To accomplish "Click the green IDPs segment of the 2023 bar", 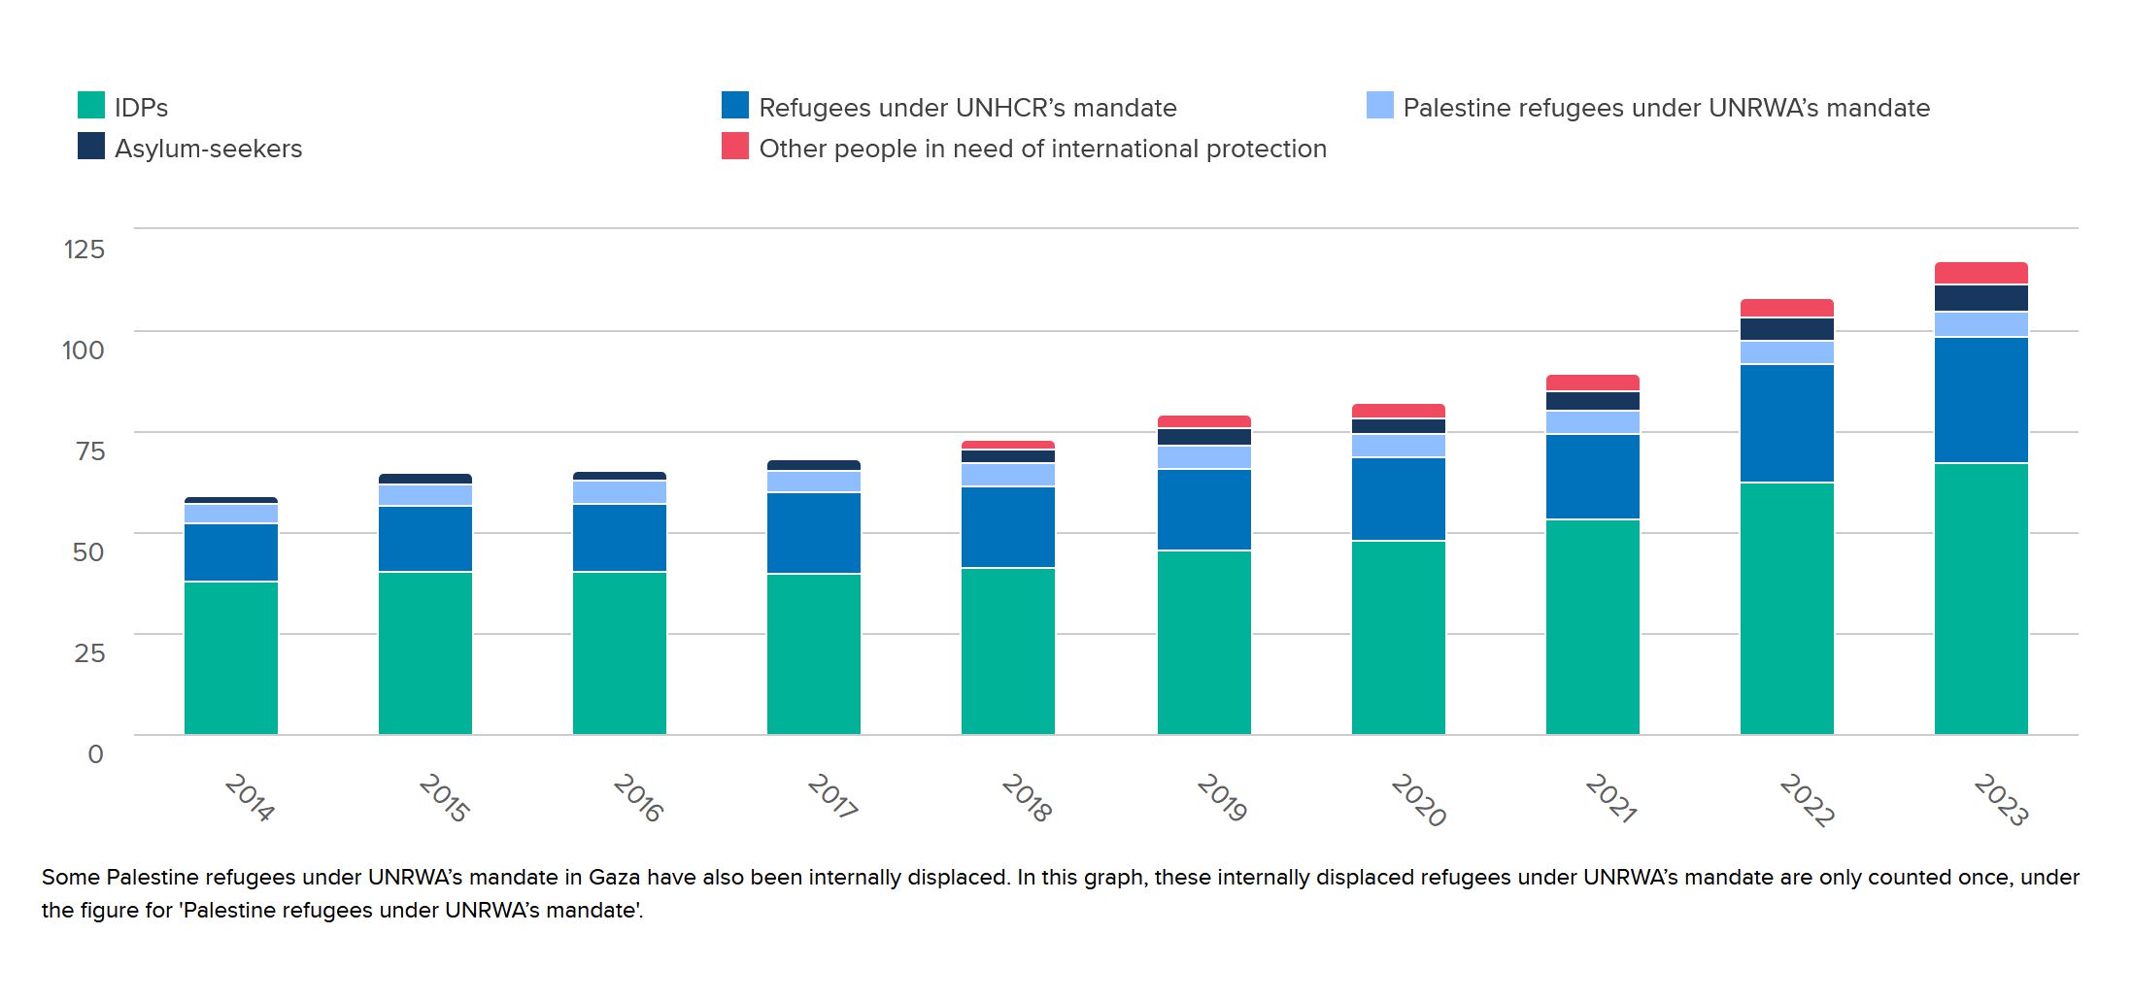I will pos(1981,598).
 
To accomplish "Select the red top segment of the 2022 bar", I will pos(1786,308).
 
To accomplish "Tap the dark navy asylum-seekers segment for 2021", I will pos(1592,401).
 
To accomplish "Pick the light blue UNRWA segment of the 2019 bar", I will pos(1203,457).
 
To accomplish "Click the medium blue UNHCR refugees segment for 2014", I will pos(231,552).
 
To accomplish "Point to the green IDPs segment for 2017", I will pos(814,653).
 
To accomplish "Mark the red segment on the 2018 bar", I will pos(1008,445).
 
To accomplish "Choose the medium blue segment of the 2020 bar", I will pos(1398,499).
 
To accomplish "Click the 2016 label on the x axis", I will pos(637,798).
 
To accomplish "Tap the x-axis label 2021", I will pos(1609,798).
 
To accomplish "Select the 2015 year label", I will pos(443,798).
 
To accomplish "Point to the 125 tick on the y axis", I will pos(84,250).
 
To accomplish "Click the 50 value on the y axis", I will pos(87,551).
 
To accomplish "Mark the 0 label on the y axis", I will pos(95,753).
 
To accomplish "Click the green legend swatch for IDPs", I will pos(91,105).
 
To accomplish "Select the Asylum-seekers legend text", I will pos(208,149).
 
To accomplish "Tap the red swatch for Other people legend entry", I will pos(735,146).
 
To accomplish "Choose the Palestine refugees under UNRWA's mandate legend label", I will pos(1666,108).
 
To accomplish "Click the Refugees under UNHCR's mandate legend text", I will pos(967,108).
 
